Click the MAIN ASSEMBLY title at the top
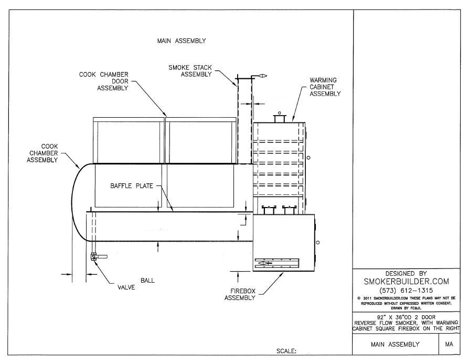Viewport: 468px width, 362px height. (182, 40)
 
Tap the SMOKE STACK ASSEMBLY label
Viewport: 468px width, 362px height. (190, 71)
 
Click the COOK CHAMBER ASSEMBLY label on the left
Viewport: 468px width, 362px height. (42, 153)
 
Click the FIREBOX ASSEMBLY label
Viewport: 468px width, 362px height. (240, 294)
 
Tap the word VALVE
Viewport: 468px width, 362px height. (126, 287)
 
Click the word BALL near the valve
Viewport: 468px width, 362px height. (147, 281)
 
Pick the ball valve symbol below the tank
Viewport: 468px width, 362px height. (94, 257)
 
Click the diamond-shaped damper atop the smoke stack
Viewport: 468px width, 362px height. (259, 77)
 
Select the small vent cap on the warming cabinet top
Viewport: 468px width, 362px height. (279, 119)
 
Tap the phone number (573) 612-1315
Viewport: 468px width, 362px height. (406, 291)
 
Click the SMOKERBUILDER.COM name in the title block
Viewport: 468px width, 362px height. (406, 282)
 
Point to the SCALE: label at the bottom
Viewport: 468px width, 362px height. (286, 350)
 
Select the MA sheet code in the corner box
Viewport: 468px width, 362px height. (449, 345)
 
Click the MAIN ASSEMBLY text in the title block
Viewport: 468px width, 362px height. (395, 345)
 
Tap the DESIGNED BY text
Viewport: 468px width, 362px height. (406, 273)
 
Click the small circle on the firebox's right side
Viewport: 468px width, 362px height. (317, 242)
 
